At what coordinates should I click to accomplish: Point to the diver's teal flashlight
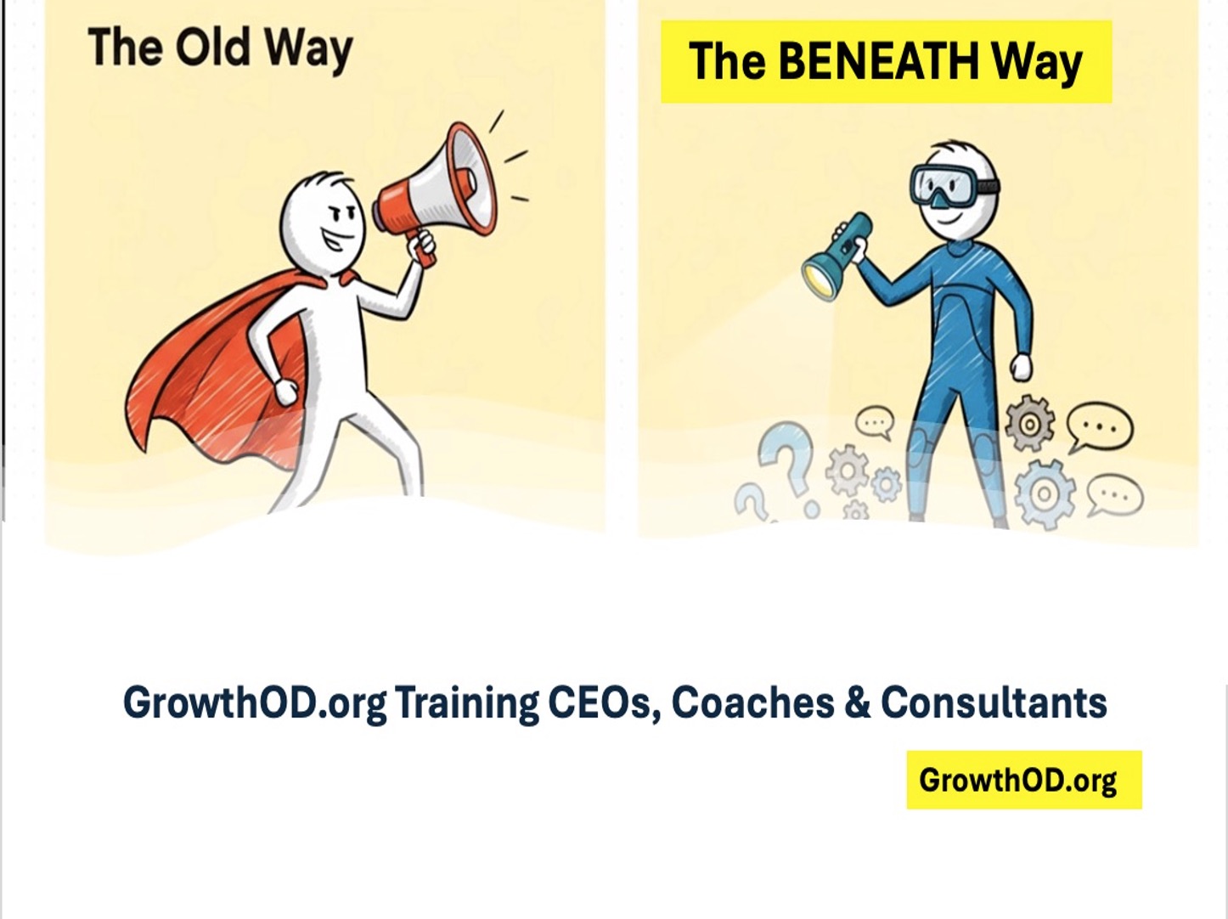click(x=837, y=256)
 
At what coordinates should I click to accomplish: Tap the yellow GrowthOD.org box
click(x=1023, y=780)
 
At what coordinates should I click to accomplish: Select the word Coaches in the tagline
click(x=752, y=702)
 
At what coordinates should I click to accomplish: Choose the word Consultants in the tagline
click(x=994, y=702)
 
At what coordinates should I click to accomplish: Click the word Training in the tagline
click(x=466, y=702)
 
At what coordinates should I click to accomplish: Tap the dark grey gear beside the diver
click(x=1029, y=422)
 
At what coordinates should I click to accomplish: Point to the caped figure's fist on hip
click(x=286, y=392)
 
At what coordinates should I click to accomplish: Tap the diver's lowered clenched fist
click(x=1020, y=368)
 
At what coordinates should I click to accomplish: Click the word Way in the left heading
click(x=307, y=48)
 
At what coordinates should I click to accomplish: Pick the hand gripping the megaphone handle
click(x=420, y=246)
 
